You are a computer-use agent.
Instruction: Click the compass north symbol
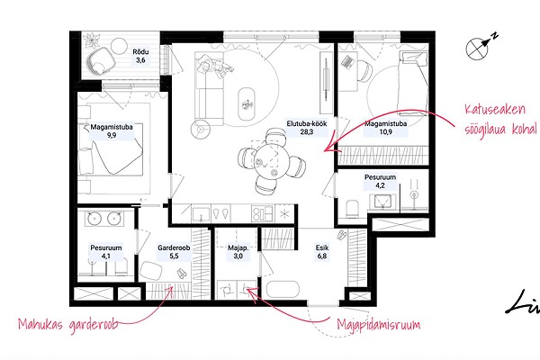point(481,47)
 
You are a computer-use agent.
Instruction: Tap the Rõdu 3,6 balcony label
point(140,56)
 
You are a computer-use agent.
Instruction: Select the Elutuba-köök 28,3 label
point(307,128)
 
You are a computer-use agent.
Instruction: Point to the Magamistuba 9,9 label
point(112,130)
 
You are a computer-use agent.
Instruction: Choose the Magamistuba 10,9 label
point(386,128)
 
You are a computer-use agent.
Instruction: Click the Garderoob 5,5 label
point(174,252)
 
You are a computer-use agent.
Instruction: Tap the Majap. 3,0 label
point(238,252)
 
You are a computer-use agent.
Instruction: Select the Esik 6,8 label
point(322,252)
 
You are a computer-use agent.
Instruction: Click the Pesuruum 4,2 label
point(380,181)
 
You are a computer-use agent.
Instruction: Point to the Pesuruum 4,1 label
point(106,252)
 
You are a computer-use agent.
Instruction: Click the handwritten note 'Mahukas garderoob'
point(67,325)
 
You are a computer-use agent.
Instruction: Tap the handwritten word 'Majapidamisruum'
point(379,325)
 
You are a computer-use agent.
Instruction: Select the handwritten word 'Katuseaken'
point(495,110)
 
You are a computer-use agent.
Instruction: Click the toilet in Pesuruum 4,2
point(353,209)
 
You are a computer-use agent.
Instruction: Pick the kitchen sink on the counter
point(201,214)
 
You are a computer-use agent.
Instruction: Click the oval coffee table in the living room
point(247,103)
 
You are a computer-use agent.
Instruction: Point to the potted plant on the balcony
point(92,40)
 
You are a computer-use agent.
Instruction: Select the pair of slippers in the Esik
point(342,235)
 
